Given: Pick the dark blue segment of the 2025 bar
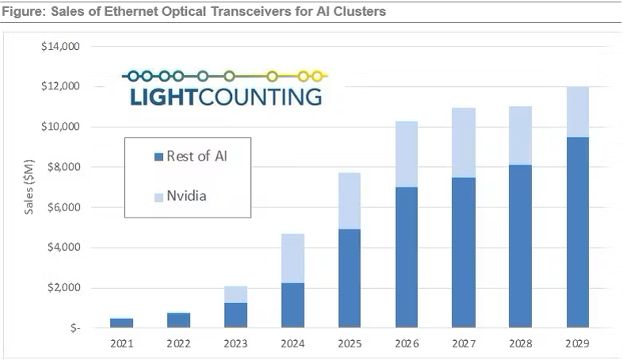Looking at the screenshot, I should (349, 278).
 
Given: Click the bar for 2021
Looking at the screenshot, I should (121, 323).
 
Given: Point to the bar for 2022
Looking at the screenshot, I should (178, 320).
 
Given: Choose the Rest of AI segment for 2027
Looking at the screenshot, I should (463, 252).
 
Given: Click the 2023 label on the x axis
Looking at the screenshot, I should (235, 343).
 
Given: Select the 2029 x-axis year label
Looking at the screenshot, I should (578, 343).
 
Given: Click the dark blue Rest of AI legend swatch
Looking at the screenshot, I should (159, 157).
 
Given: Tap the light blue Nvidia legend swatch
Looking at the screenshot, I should (159, 195).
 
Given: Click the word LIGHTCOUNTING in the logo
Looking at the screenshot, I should (225, 97).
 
